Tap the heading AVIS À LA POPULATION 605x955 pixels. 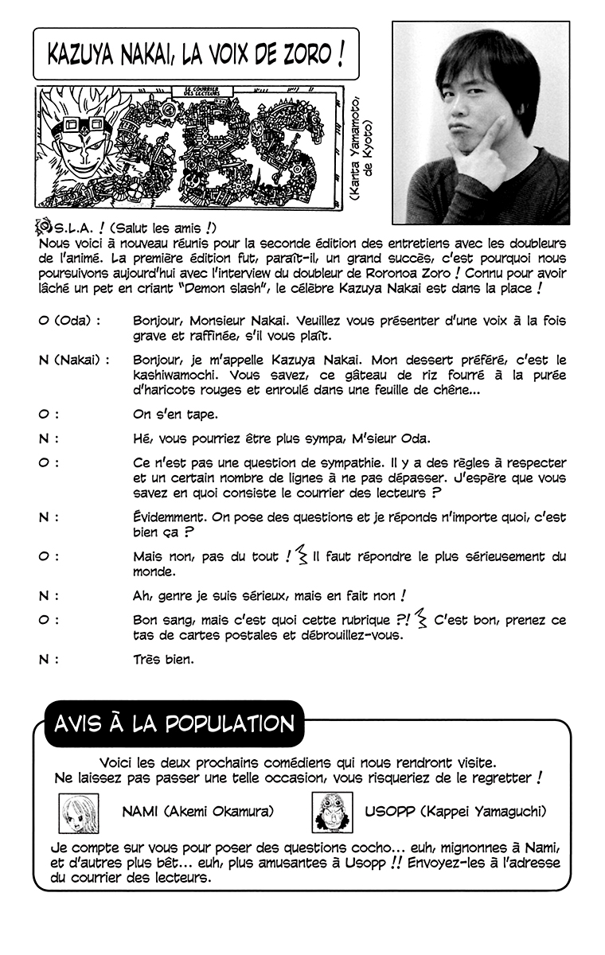click(174, 723)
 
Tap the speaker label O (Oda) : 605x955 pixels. click(70, 320)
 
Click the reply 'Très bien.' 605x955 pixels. click(162, 659)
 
